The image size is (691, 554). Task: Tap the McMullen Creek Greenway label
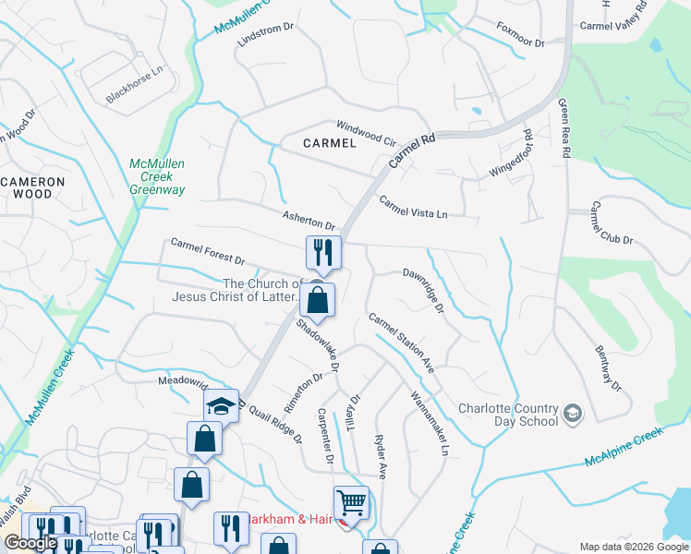157,176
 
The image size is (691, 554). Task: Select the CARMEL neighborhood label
330,143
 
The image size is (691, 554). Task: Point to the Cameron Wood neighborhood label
32,188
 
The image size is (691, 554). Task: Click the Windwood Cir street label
365,134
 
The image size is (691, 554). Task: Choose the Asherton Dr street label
309,219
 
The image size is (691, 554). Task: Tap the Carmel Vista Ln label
413,209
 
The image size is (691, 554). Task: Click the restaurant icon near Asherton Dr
323,251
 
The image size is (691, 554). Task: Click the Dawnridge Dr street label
425,289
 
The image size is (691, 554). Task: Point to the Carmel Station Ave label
401,343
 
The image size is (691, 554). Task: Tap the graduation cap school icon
222,406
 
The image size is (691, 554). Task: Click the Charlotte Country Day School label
509,415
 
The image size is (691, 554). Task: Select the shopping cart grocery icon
351,503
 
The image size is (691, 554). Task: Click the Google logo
30,543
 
